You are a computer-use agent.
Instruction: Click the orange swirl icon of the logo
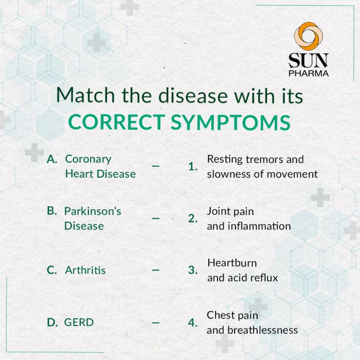(x=309, y=36)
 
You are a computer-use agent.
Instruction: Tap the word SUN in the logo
(x=309, y=60)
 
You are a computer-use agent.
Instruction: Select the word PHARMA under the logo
(x=309, y=73)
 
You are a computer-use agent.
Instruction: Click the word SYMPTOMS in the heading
(x=231, y=122)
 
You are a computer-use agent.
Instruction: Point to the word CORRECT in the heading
(x=117, y=122)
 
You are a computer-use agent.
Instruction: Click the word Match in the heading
(x=85, y=95)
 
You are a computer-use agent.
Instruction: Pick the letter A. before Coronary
(x=52, y=159)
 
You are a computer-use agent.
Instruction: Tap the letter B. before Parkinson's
(x=52, y=211)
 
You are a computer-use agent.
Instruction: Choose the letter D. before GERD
(x=52, y=322)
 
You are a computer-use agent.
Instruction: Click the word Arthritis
(x=85, y=270)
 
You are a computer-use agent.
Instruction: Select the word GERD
(x=79, y=322)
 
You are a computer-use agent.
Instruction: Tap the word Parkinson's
(x=93, y=211)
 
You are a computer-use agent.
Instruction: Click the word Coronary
(x=88, y=159)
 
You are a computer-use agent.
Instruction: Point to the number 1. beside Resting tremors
(x=193, y=167)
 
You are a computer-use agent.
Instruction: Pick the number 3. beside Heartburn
(x=193, y=270)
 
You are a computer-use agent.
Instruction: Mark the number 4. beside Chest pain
(x=193, y=322)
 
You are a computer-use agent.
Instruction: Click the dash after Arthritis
(x=156, y=270)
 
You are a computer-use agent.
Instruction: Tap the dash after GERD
(x=156, y=323)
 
